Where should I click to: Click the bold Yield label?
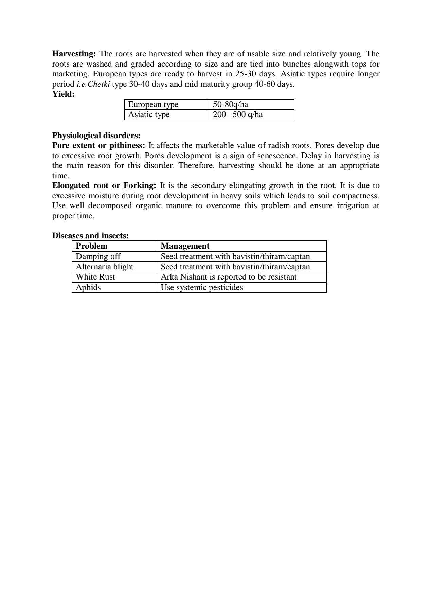click(x=63, y=94)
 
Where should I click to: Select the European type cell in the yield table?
click(x=153, y=104)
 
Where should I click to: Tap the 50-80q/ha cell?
click(x=230, y=104)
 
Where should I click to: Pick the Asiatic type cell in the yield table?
click(x=149, y=114)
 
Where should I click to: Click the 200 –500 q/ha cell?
click(x=238, y=114)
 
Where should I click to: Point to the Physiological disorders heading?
click(x=96, y=136)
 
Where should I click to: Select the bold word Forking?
click(x=140, y=185)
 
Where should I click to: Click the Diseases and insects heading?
click(x=90, y=236)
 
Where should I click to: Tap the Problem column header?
click(x=92, y=246)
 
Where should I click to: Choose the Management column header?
click(x=185, y=246)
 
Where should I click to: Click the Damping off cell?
click(x=98, y=256)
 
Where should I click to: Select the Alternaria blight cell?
click(x=105, y=267)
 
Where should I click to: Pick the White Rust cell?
click(x=95, y=277)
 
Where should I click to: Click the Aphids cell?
click(x=88, y=287)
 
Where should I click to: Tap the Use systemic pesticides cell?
click(x=202, y=287)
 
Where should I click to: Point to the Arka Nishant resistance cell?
click(x=229, y=277)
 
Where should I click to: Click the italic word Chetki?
click(x=98, y=84)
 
